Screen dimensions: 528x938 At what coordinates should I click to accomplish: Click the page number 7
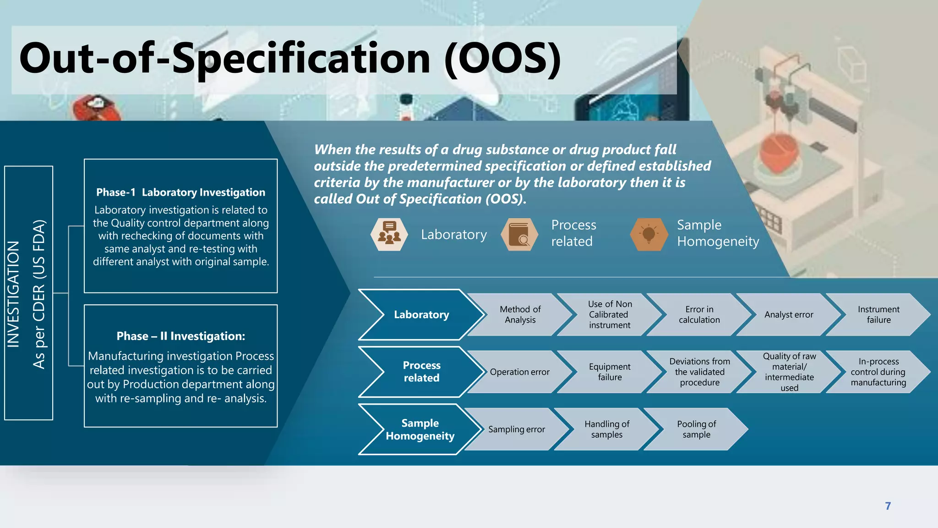click(x=888, y=506)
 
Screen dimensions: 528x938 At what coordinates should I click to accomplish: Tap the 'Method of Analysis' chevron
click(x=520, y=314)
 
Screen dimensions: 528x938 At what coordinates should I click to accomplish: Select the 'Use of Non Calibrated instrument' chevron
click(x=610, y=314)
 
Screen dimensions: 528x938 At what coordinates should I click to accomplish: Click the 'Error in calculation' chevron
click(x=699, y=314)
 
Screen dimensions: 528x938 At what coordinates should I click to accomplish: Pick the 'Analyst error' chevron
click(x=789, y=314)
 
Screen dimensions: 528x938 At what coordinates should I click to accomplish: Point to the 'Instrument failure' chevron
click(x=878, y=314)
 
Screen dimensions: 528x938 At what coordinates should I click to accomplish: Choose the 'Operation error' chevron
click(x=519, y=372)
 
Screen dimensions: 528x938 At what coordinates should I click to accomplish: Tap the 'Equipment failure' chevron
click(x=610, y=372)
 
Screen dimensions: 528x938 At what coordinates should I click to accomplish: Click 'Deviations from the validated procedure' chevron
click(x=699, y=372)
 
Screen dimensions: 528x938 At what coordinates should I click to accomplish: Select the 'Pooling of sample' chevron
click(x=696, y=429)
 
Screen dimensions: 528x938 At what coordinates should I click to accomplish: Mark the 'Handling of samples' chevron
click(x=607, y=429)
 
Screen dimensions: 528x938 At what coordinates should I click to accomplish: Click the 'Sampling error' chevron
click(x=516, y=429)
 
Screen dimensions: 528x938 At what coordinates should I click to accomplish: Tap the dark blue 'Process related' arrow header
click(x=421, y=372)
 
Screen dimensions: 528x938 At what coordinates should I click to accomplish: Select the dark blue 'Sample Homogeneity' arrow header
click(x=420, y=429)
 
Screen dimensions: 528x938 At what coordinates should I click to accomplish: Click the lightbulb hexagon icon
click(x=649, y=234)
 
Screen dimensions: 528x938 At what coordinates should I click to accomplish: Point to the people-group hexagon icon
click(x=389, y=234)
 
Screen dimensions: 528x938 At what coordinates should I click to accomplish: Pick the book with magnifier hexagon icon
click(x=519, y=234)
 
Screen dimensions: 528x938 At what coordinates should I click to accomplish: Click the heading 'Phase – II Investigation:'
click(x=181, y=336)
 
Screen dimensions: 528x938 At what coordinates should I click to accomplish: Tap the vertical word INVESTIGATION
click(x=14, y=293)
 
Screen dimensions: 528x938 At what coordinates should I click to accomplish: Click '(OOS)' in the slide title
click(x=502, y=59)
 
